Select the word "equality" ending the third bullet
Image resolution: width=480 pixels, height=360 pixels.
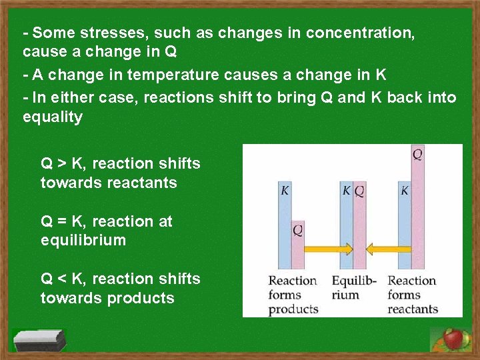pos(53,117)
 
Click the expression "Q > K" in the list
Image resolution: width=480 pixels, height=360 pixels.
pos(65,163)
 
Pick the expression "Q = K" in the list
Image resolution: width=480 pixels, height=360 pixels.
pos(65,221)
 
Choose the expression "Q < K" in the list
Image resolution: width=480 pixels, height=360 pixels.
pos(65,278)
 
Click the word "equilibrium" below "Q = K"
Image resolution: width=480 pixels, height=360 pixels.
pos(83,240)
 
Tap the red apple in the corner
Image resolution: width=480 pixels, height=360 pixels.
pos(454,339)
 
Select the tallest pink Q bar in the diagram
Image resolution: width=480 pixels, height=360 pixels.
pos(417,207)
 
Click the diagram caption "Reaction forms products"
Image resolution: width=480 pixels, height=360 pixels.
pos(293,295)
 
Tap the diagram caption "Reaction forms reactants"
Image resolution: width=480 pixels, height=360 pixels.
pos(413,295)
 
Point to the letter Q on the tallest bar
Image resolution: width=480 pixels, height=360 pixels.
pos(417,155)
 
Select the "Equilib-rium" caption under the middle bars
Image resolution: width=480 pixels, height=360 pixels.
pos(354,288)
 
